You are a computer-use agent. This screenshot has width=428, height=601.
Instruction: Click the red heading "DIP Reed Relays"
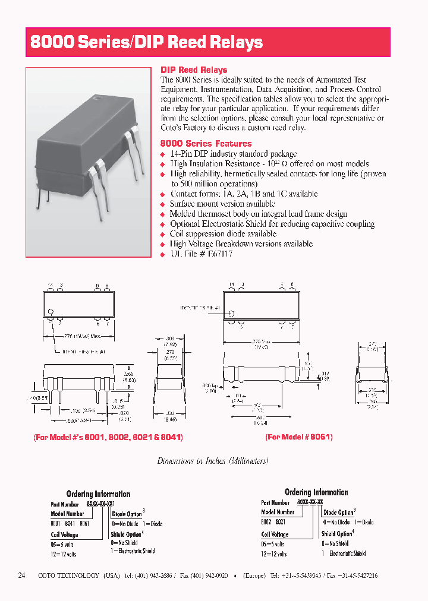coord(194,70)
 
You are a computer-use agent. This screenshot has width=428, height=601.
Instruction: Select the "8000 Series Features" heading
coord(206,144)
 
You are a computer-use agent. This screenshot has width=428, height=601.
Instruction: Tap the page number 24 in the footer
coord(22,575)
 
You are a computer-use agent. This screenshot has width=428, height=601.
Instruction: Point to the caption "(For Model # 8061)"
coord(298,436)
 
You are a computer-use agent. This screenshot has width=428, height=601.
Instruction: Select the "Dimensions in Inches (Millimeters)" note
coord(213,461)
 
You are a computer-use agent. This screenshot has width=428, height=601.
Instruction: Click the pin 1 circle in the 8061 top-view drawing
coord(232,313)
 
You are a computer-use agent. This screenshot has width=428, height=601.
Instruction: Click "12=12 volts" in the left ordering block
coord(64,554)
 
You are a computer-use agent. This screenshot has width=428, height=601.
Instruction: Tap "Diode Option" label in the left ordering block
coord(127,514)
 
